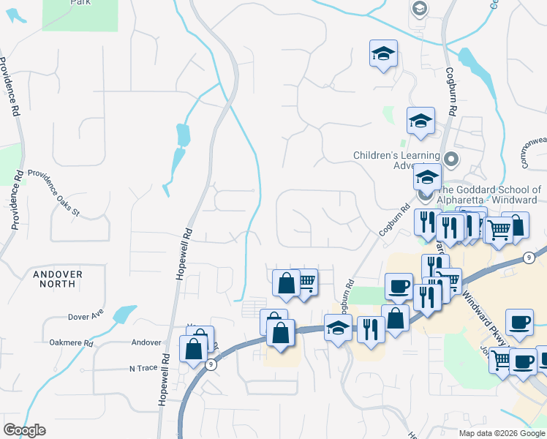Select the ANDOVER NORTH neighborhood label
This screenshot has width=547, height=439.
[x=58, y=280]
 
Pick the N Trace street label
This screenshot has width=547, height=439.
[x=143, y=368]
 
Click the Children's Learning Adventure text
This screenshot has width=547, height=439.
[x=396, y=160]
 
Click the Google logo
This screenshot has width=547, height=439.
[x=24, y=430]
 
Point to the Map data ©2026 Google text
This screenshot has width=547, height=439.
[x=502, y=433]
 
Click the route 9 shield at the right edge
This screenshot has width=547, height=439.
[x=528, y=258]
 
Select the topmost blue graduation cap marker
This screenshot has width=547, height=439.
[x=383, y=53]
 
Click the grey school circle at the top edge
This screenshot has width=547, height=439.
[x=420, y=8]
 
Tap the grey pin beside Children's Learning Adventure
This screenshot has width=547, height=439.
[x=452, y=159]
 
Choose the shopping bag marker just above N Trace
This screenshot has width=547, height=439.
[x=194, y=348]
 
